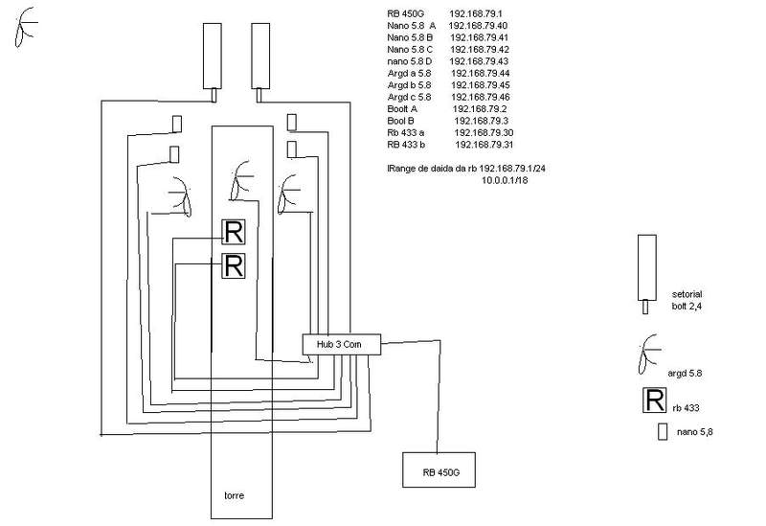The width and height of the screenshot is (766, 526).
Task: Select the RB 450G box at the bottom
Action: click(x=437, y=471)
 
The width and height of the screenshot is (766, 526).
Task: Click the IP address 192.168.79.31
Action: click(x=484, y=144)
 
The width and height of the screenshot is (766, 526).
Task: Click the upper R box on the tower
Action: click(x=234, y=232)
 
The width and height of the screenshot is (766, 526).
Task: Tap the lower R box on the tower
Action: click(x=234, y=265)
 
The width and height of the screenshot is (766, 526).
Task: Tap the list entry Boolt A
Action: click(x=405, y=108)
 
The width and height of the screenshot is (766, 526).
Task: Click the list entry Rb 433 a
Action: click(x=409, y=132)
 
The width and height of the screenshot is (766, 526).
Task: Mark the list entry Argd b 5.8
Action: click(x=410, y=85)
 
